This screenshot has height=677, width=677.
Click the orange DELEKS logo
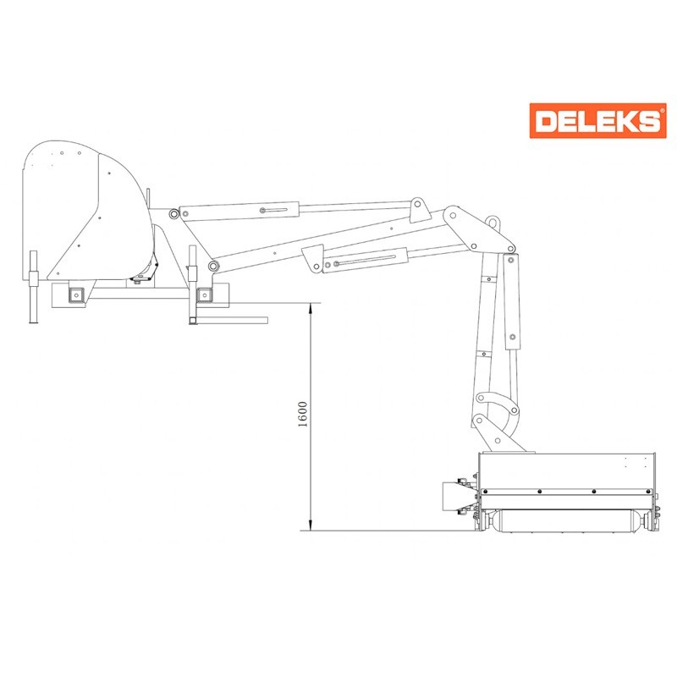[597, 120]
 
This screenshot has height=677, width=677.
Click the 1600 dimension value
[303, 414]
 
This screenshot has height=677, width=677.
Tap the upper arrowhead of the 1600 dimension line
[311, 308]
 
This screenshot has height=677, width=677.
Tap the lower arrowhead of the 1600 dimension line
[311, 525]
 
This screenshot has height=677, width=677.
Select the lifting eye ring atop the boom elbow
[492, 222]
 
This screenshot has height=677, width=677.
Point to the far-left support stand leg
[33, 287]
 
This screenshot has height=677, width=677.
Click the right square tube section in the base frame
[204, 295]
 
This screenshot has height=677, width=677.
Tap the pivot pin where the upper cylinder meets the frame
[173, 214]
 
